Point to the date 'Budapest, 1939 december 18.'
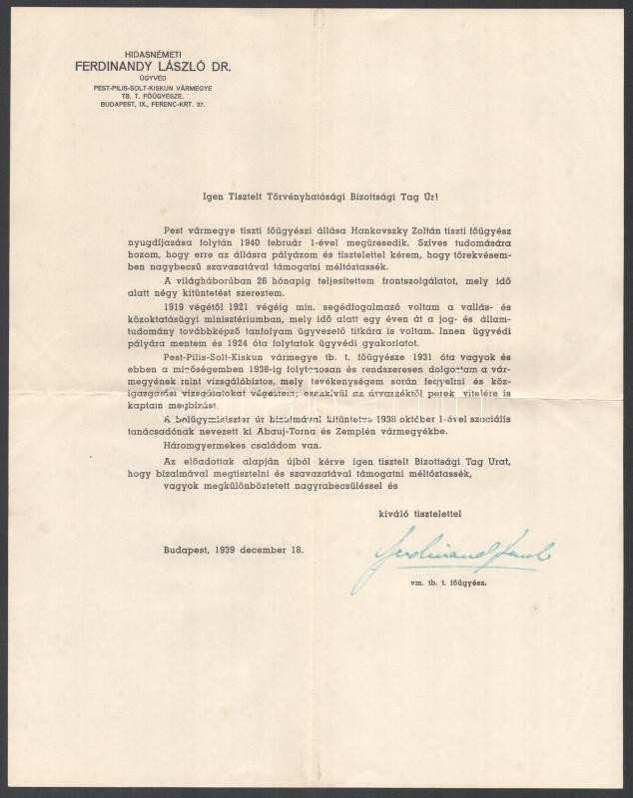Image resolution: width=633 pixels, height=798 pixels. pos(235,550)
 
